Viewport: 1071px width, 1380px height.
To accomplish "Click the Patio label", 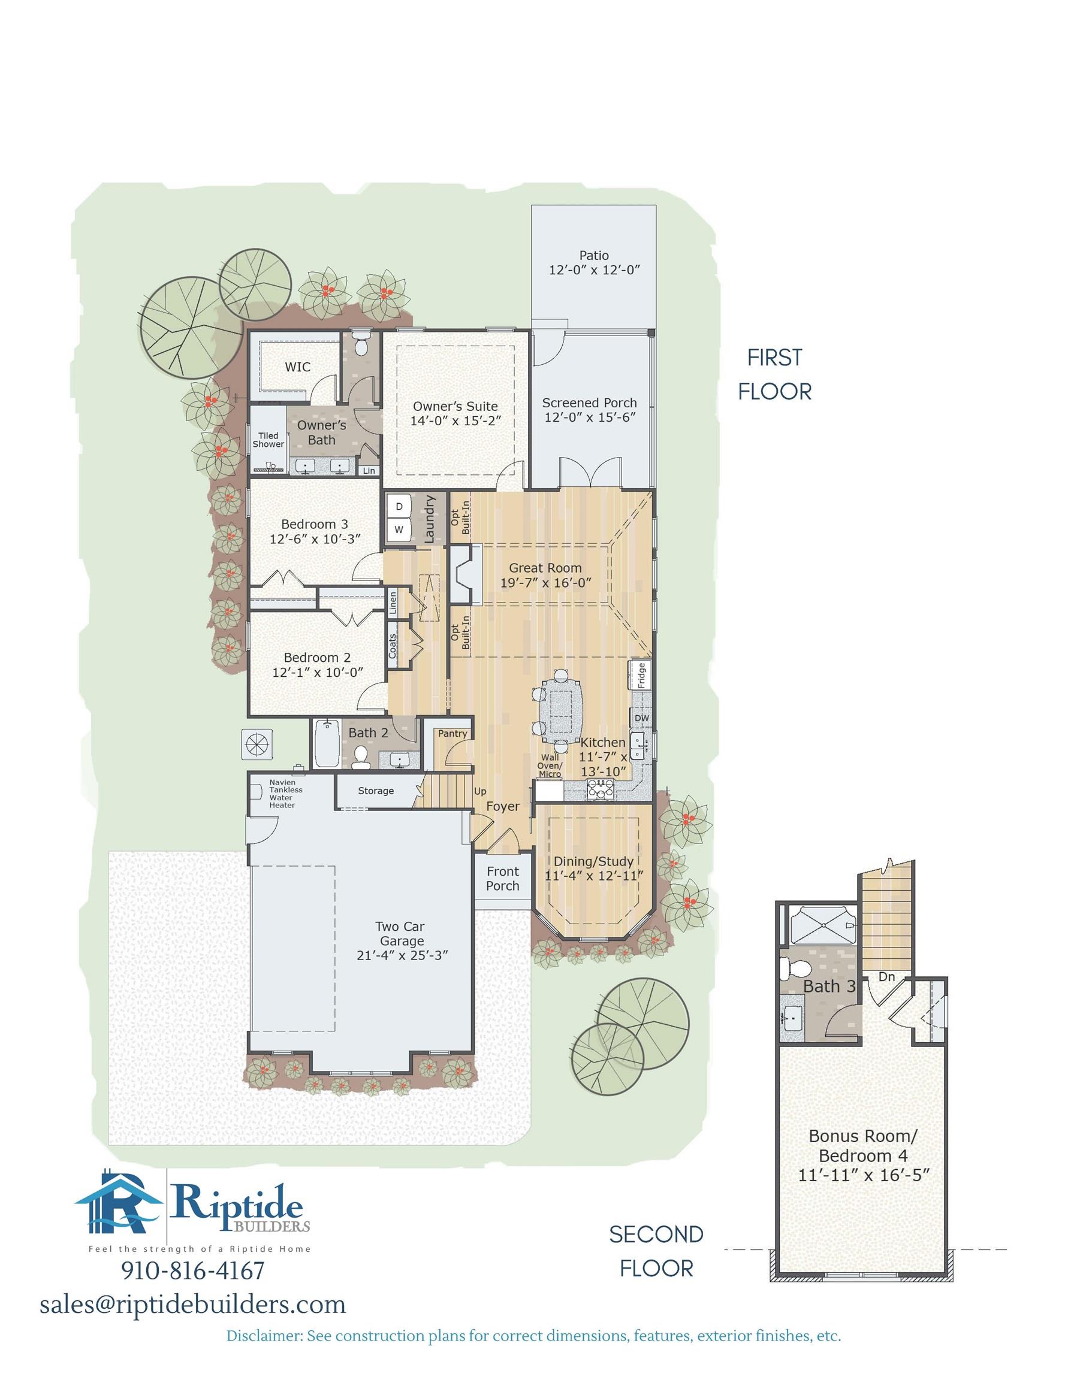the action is [x=594, y=255].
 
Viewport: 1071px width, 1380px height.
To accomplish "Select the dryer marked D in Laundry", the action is [x=399, y=506].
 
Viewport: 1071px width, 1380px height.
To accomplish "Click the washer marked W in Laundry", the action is [x=399, y=529].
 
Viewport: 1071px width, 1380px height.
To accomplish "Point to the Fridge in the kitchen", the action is [x=639, y=676].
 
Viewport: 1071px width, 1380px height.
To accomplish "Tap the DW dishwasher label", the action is [x=641, y=718].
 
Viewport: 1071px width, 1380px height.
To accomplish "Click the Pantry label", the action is [x=452, y=734].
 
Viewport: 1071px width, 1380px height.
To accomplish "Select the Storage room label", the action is [x=376, y=791].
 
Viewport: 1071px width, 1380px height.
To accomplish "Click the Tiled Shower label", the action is [x=268, y=440].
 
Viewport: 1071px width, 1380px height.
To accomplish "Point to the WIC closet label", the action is [x=297, y=367].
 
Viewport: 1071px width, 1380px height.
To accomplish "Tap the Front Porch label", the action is [x=503, y=879].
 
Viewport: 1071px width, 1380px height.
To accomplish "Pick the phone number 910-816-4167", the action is [x=192, y=1270].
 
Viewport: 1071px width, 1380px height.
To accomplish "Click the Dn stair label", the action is [x=886, y=977].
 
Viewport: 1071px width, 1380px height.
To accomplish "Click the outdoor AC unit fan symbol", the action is [x=257, y=745].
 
